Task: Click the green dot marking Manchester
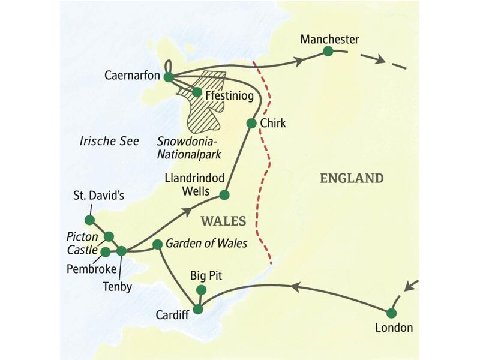point(328,52)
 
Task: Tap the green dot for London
point(391,313)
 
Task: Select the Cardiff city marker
point(197,310)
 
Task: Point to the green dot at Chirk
point(251,124)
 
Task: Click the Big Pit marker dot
point(201,290)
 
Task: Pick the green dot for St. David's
point(89,220)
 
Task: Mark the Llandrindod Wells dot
point(224,195)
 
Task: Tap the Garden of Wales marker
point(157,244)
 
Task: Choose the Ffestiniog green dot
point(196,92)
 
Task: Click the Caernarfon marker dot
point(169,77)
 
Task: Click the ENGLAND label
point(352,178)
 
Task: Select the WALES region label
point(223,221)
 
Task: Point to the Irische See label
point(109,141)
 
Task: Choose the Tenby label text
point(120,286)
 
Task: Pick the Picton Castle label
point(83,242)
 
